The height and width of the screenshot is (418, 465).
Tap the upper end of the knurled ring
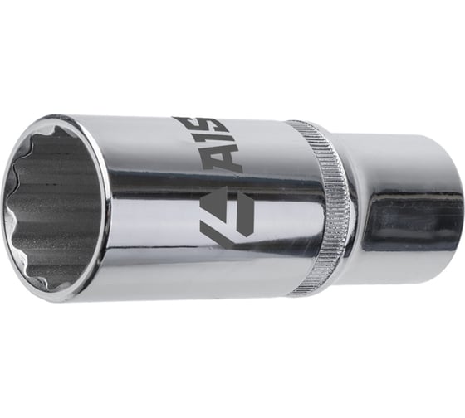(x=307, y=126)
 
